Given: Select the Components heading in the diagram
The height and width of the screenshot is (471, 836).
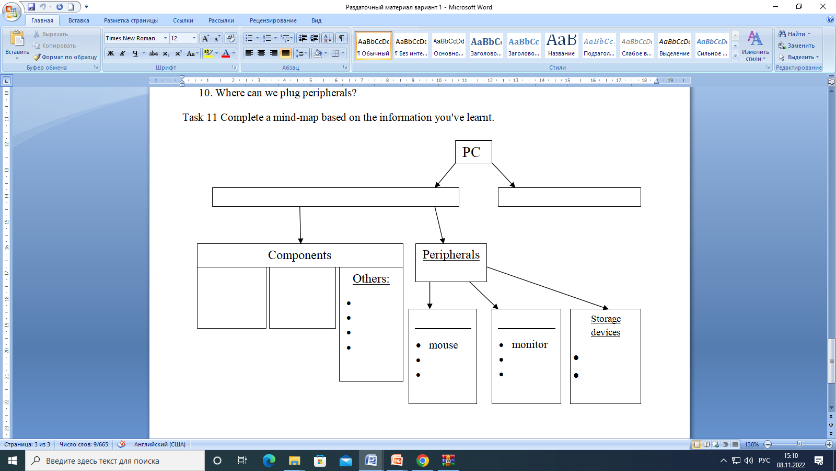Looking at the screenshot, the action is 300,255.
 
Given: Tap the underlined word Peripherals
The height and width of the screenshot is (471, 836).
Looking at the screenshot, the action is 451,254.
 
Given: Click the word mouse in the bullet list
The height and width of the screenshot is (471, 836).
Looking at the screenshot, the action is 443,345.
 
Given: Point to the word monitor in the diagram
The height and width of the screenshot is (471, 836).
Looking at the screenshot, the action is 530,344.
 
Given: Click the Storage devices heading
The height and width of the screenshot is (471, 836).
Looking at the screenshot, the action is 606,325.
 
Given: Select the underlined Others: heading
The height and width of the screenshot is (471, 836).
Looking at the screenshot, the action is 371,278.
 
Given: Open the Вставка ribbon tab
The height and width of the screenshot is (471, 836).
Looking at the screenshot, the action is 79,20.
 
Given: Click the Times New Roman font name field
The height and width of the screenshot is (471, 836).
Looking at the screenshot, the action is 134,38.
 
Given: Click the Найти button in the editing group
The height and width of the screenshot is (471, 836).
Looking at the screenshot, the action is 794,34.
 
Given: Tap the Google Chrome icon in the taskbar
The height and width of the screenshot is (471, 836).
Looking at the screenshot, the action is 423,461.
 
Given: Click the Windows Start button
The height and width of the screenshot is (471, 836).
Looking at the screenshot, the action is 13,461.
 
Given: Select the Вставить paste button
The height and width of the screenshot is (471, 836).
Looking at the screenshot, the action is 17,44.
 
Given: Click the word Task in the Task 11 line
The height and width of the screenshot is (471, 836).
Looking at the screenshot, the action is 193,117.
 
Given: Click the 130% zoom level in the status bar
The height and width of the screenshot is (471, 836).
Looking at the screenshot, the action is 752,444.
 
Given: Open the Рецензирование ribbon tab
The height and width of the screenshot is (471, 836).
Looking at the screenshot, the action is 273,20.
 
